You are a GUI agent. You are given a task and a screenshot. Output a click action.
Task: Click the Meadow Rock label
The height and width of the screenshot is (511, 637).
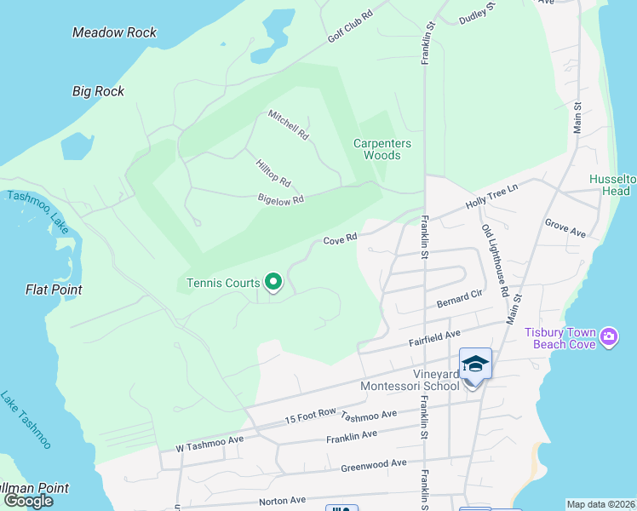(115, 32)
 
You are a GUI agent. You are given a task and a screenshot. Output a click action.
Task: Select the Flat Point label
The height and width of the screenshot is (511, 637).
(54, 290)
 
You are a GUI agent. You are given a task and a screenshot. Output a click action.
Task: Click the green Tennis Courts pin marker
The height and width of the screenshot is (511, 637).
(273, 282)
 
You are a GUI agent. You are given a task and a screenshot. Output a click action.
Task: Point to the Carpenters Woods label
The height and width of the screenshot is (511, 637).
(382, 149)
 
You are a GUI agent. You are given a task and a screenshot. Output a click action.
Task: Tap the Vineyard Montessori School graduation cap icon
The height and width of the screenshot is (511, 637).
(475, 365)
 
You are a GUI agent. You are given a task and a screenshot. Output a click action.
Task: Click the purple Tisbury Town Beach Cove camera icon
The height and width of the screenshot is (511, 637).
(609, 337)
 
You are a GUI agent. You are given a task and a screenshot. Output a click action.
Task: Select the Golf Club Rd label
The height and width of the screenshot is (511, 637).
(352, 28)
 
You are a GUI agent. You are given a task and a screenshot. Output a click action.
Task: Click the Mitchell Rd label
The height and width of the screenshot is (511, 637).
(289, 124)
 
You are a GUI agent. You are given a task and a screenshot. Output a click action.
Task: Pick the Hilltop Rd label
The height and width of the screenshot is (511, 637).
(273, 173)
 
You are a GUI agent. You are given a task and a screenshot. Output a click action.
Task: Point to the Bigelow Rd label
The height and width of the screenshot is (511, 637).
(280, 199)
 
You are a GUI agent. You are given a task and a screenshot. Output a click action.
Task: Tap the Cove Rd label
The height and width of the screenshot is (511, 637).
(339, 240)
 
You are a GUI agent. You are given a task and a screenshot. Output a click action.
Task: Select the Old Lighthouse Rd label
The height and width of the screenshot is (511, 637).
(495, 261)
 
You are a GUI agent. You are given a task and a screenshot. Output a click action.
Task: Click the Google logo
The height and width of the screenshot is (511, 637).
(28, 500)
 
